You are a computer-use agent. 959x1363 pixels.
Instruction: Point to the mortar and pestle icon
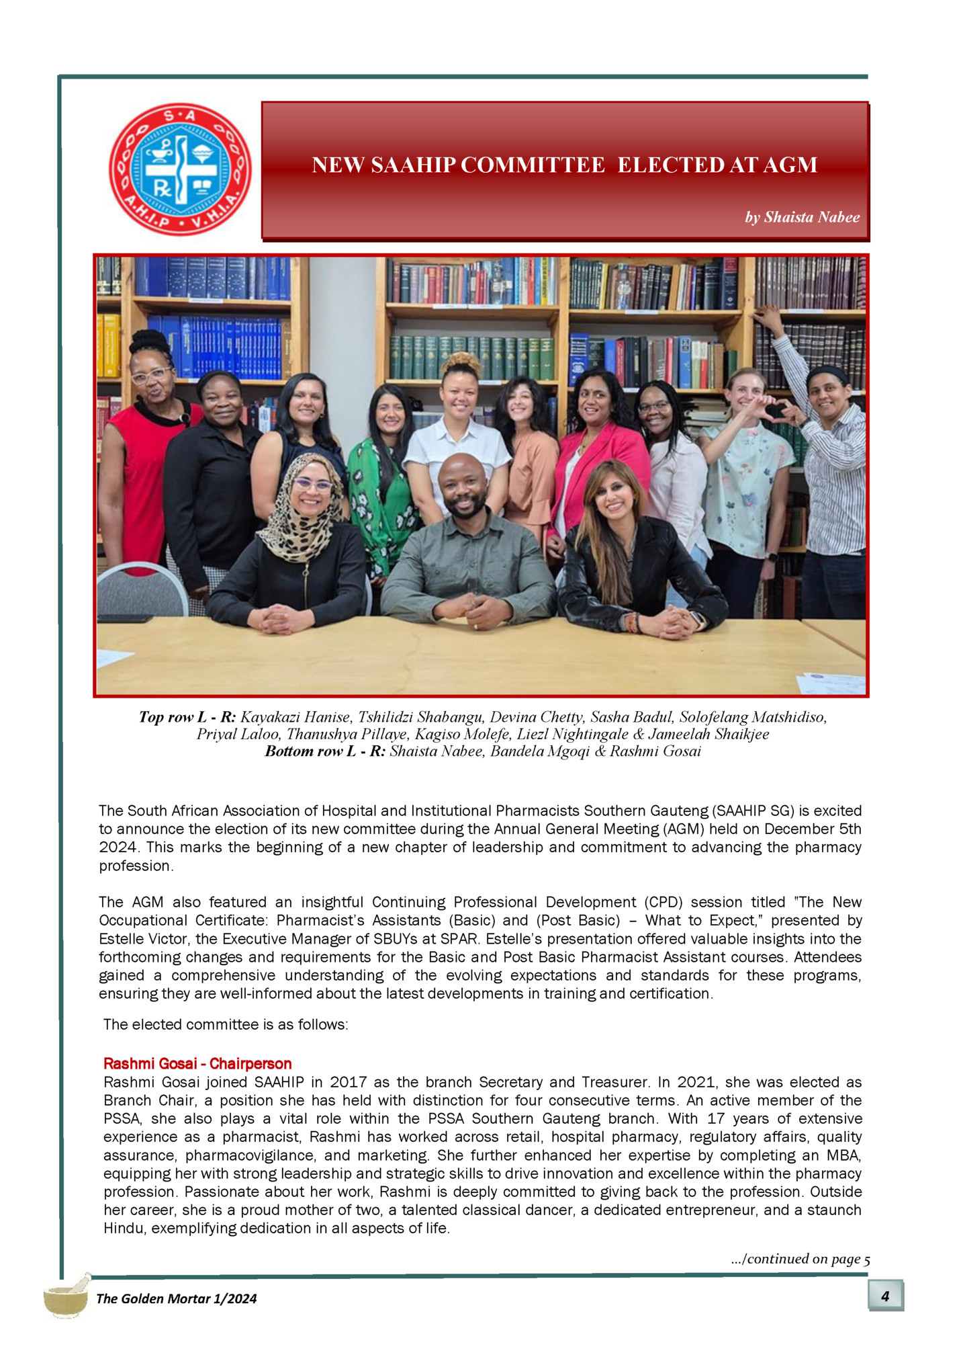pyautogui.click(x=66, y=1296)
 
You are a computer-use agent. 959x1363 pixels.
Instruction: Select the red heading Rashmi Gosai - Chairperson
pyautogui.click(x=197, y=1064)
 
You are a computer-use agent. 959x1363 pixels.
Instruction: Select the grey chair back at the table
pyautogui.click(x=142, y=585)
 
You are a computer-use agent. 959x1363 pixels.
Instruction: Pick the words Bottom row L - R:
pyautogui.click(x=325, y=751)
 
